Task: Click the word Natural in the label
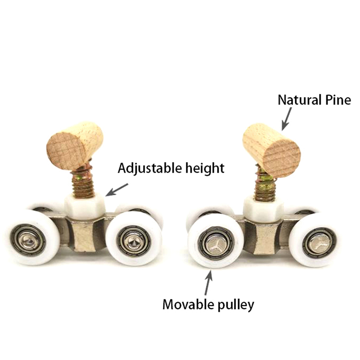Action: (299, 100)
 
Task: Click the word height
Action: (205, 169)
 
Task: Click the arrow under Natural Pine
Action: (287, 119)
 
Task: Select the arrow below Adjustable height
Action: (117, 189)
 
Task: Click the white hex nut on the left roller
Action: (85, 206)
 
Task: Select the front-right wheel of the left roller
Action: (134, 239)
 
